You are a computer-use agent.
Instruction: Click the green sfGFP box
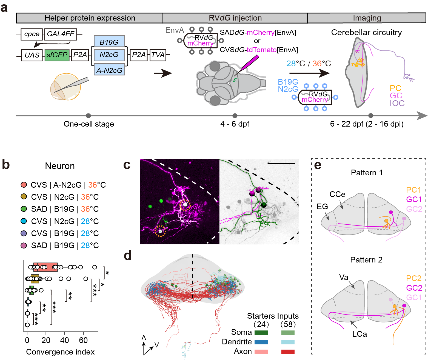click(x=57, y=55)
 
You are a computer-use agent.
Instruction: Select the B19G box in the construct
click(x=109, y=42)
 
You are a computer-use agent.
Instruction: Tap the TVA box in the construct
click(x=158, y=55)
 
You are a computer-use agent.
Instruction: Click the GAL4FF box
click(x=61, y=34)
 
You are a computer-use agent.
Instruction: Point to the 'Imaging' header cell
click(x=367, y=18)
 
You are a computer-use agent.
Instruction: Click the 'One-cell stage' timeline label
click(x=89, y=124)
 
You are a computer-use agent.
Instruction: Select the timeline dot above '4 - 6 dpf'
click(x=235, y=116)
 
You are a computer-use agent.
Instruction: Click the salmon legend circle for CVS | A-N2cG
click(x=24, y=185)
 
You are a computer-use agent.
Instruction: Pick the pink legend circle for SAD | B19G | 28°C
click(x=24, y=245)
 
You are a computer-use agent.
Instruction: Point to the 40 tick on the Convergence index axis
click(x=65, y=340)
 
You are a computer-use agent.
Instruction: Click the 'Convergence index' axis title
click(x=60, y=352)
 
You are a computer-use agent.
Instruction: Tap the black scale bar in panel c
click(x=281, y=163)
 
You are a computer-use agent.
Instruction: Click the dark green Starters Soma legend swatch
click(x=261, y=333)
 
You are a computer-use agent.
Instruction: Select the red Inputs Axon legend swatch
click(x=288, y=352)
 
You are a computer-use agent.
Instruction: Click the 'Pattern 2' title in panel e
click(x=366, y=260)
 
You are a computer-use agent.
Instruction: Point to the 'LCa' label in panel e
click(x=359, y=334)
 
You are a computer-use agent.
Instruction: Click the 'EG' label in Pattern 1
click(x=322, y=207)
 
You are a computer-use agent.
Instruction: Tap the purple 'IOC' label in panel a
click(x=397, y=103)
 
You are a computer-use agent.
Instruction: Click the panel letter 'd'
click(x=128, y=255)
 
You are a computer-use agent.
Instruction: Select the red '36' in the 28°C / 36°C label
click(x=317, y=64)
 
